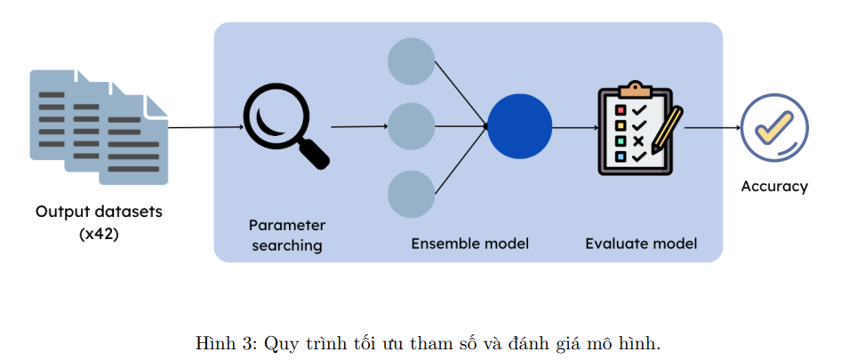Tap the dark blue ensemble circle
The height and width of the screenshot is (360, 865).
pyautogui.click(x=519, y=126)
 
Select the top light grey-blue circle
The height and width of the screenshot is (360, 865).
pyautogui.click(x=412, y=61)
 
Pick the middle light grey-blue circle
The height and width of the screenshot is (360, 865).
pyautogui.click(x=412, y=126)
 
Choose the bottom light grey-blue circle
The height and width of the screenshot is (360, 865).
pyautogui.click(x=412, y=194)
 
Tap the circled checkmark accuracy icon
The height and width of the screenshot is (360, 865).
pyautogui.click(x=774, y=127)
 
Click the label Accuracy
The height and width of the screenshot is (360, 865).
pyautogui.click(x=774, y=187)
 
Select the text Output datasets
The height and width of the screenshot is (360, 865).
pyautogui.click(x=100, y=212)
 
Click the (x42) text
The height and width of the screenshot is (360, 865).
pyautogui.click(x=100, y=235)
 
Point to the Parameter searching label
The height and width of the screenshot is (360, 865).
pyautogui.click(x=287, y=235)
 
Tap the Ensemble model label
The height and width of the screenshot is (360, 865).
pyautogui.click(x=469, y=243)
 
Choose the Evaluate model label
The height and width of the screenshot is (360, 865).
pyautogui.click(x=641, y=243)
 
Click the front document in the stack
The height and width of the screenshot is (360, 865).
pyautogui.click(x=133, y=142)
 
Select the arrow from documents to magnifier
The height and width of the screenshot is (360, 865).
pyautogui.click(x=205, y=127)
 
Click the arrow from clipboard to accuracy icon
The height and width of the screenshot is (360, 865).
pyautogui.click(x=712, y=127)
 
